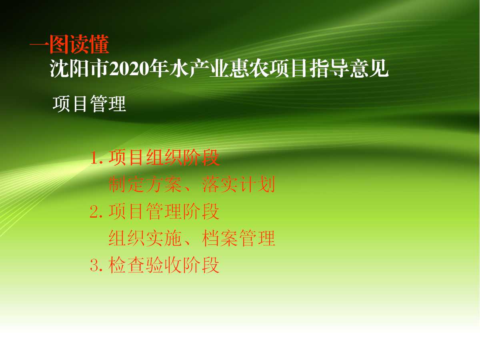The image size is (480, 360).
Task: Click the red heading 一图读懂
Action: pos(69,44)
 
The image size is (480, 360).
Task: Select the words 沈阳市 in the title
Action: pos(79,68)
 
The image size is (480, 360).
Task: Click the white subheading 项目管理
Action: pos(89,104)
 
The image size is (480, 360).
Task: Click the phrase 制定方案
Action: pos(145,185)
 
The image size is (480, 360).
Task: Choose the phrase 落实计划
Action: pos(238,185)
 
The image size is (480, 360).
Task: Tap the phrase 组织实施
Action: pos(145,238)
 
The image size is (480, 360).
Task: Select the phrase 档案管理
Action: pos(238,238)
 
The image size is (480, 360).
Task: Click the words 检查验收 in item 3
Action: pos(145,265)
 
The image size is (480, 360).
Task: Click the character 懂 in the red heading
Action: pos(100,44)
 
